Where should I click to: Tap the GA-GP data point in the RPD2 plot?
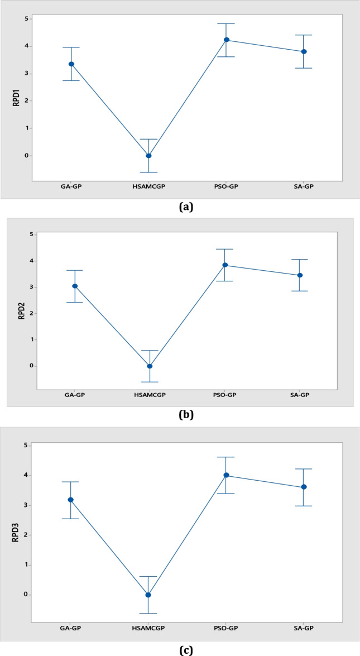[75, 286]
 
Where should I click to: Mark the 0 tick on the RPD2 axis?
[32, 366]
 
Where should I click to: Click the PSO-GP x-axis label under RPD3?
[226, 628]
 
